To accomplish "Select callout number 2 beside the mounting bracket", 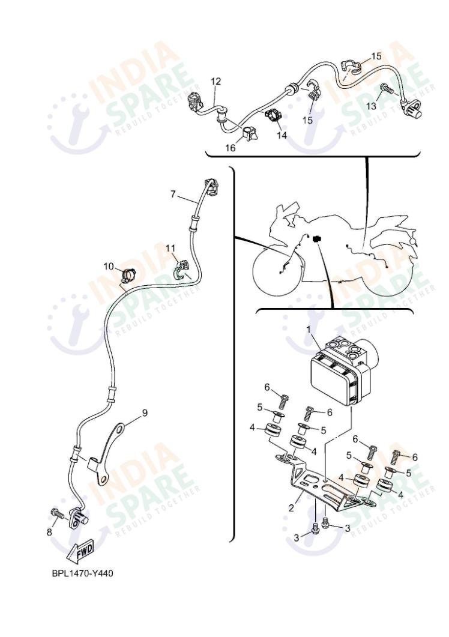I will tap(291, 508).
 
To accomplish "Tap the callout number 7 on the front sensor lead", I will tap(173, 194).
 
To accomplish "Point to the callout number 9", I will tap(144, 412).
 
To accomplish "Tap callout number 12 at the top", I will tap(215, 80).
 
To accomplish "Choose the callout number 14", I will tap(282, 135).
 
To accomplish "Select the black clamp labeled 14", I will tap(272, 115).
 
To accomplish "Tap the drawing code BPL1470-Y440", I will tap(82, 573).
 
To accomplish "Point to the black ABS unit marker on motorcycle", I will tap(316, 238).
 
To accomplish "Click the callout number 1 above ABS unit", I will tap(310, 329).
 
